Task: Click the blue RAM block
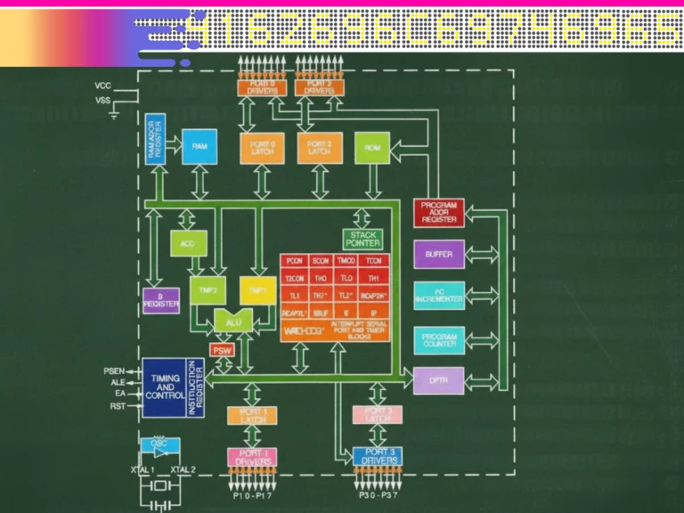(x=200, y=146)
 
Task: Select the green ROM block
(x=371, y=147)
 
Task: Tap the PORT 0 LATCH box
(x=262, y=147)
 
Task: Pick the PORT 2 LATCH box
(x=319, y=147)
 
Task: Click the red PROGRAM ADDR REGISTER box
(x=439, y=213)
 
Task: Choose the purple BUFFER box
(x=439, y=255)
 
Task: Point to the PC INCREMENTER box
(x=439, y=296)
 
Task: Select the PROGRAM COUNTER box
(x=439, y=340)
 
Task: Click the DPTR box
(x=439, y=380)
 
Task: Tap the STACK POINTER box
(x=362, y=239)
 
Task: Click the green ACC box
(x=187, y=243)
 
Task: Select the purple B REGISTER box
(x=161, y=300)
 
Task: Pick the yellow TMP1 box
(x=256, y=290)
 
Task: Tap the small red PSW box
(x=222, y=350)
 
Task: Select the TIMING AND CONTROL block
(x=166, y=387)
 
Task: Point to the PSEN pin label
(x=114, y=370)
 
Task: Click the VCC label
(x=103, y=85)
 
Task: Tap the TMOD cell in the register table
(x=346, y=261)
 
